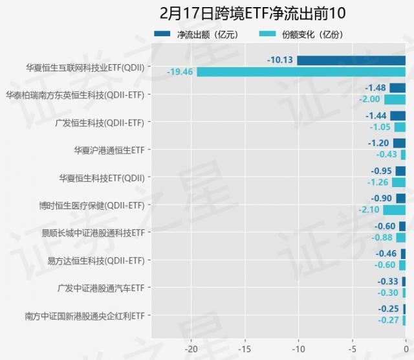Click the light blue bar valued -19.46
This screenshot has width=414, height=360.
[301, 72]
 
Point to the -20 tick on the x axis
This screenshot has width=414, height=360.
[190, 348]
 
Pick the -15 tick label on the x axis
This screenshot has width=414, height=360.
[245, 348]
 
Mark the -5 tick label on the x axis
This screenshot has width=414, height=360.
[352, 348]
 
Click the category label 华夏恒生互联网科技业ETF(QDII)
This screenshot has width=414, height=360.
[85, 67]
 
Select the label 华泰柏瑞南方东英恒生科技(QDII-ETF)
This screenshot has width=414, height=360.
[74, 95]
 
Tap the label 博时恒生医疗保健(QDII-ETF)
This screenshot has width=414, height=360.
[91, 205]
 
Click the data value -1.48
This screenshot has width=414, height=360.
[375, 88]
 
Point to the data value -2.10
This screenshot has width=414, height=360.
[369, 210]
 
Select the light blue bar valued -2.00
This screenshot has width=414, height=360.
[395, 100]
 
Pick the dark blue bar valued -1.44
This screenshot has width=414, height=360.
[398, 116]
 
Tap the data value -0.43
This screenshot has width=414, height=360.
[386, 155]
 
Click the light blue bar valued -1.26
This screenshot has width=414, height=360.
[398, 183]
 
